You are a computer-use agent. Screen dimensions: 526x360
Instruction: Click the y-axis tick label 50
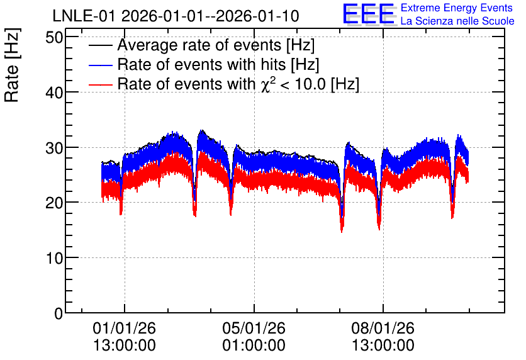(x=54, y=37)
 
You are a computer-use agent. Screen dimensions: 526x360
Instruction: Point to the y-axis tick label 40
(x=54, y=93)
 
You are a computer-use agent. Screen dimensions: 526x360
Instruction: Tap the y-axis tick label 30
(x=54, y=148)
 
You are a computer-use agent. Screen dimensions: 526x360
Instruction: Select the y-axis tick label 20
(x=54, y=203)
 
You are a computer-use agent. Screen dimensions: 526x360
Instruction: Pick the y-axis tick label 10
(x=54, y=258)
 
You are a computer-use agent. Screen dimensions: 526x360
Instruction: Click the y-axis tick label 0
(x=59, y=313)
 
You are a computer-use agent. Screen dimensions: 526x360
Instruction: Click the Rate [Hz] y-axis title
(x=12, y=65)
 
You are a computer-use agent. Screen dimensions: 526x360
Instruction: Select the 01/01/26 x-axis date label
(x=124, y=328)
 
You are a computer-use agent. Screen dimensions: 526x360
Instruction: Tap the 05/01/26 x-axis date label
(x=254, y=328)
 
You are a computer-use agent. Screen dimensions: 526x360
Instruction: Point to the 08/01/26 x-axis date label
(x=383, y=328)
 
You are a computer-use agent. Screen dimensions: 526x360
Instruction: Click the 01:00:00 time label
(x=254, y=346)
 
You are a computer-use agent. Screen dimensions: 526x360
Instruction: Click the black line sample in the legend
(x=100, y=45)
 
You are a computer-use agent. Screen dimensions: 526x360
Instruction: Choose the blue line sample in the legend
(x=100, y=65)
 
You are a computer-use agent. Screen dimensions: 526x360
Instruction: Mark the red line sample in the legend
(x=100, y=84)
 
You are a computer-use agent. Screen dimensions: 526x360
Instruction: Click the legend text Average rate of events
(x=199, y=45)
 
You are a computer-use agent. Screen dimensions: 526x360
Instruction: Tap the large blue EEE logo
(x=368, y=14)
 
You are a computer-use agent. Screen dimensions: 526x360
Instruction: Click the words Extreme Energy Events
(x=457, y=8)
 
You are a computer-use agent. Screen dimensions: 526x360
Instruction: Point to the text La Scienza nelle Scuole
(x=457, y=21)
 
